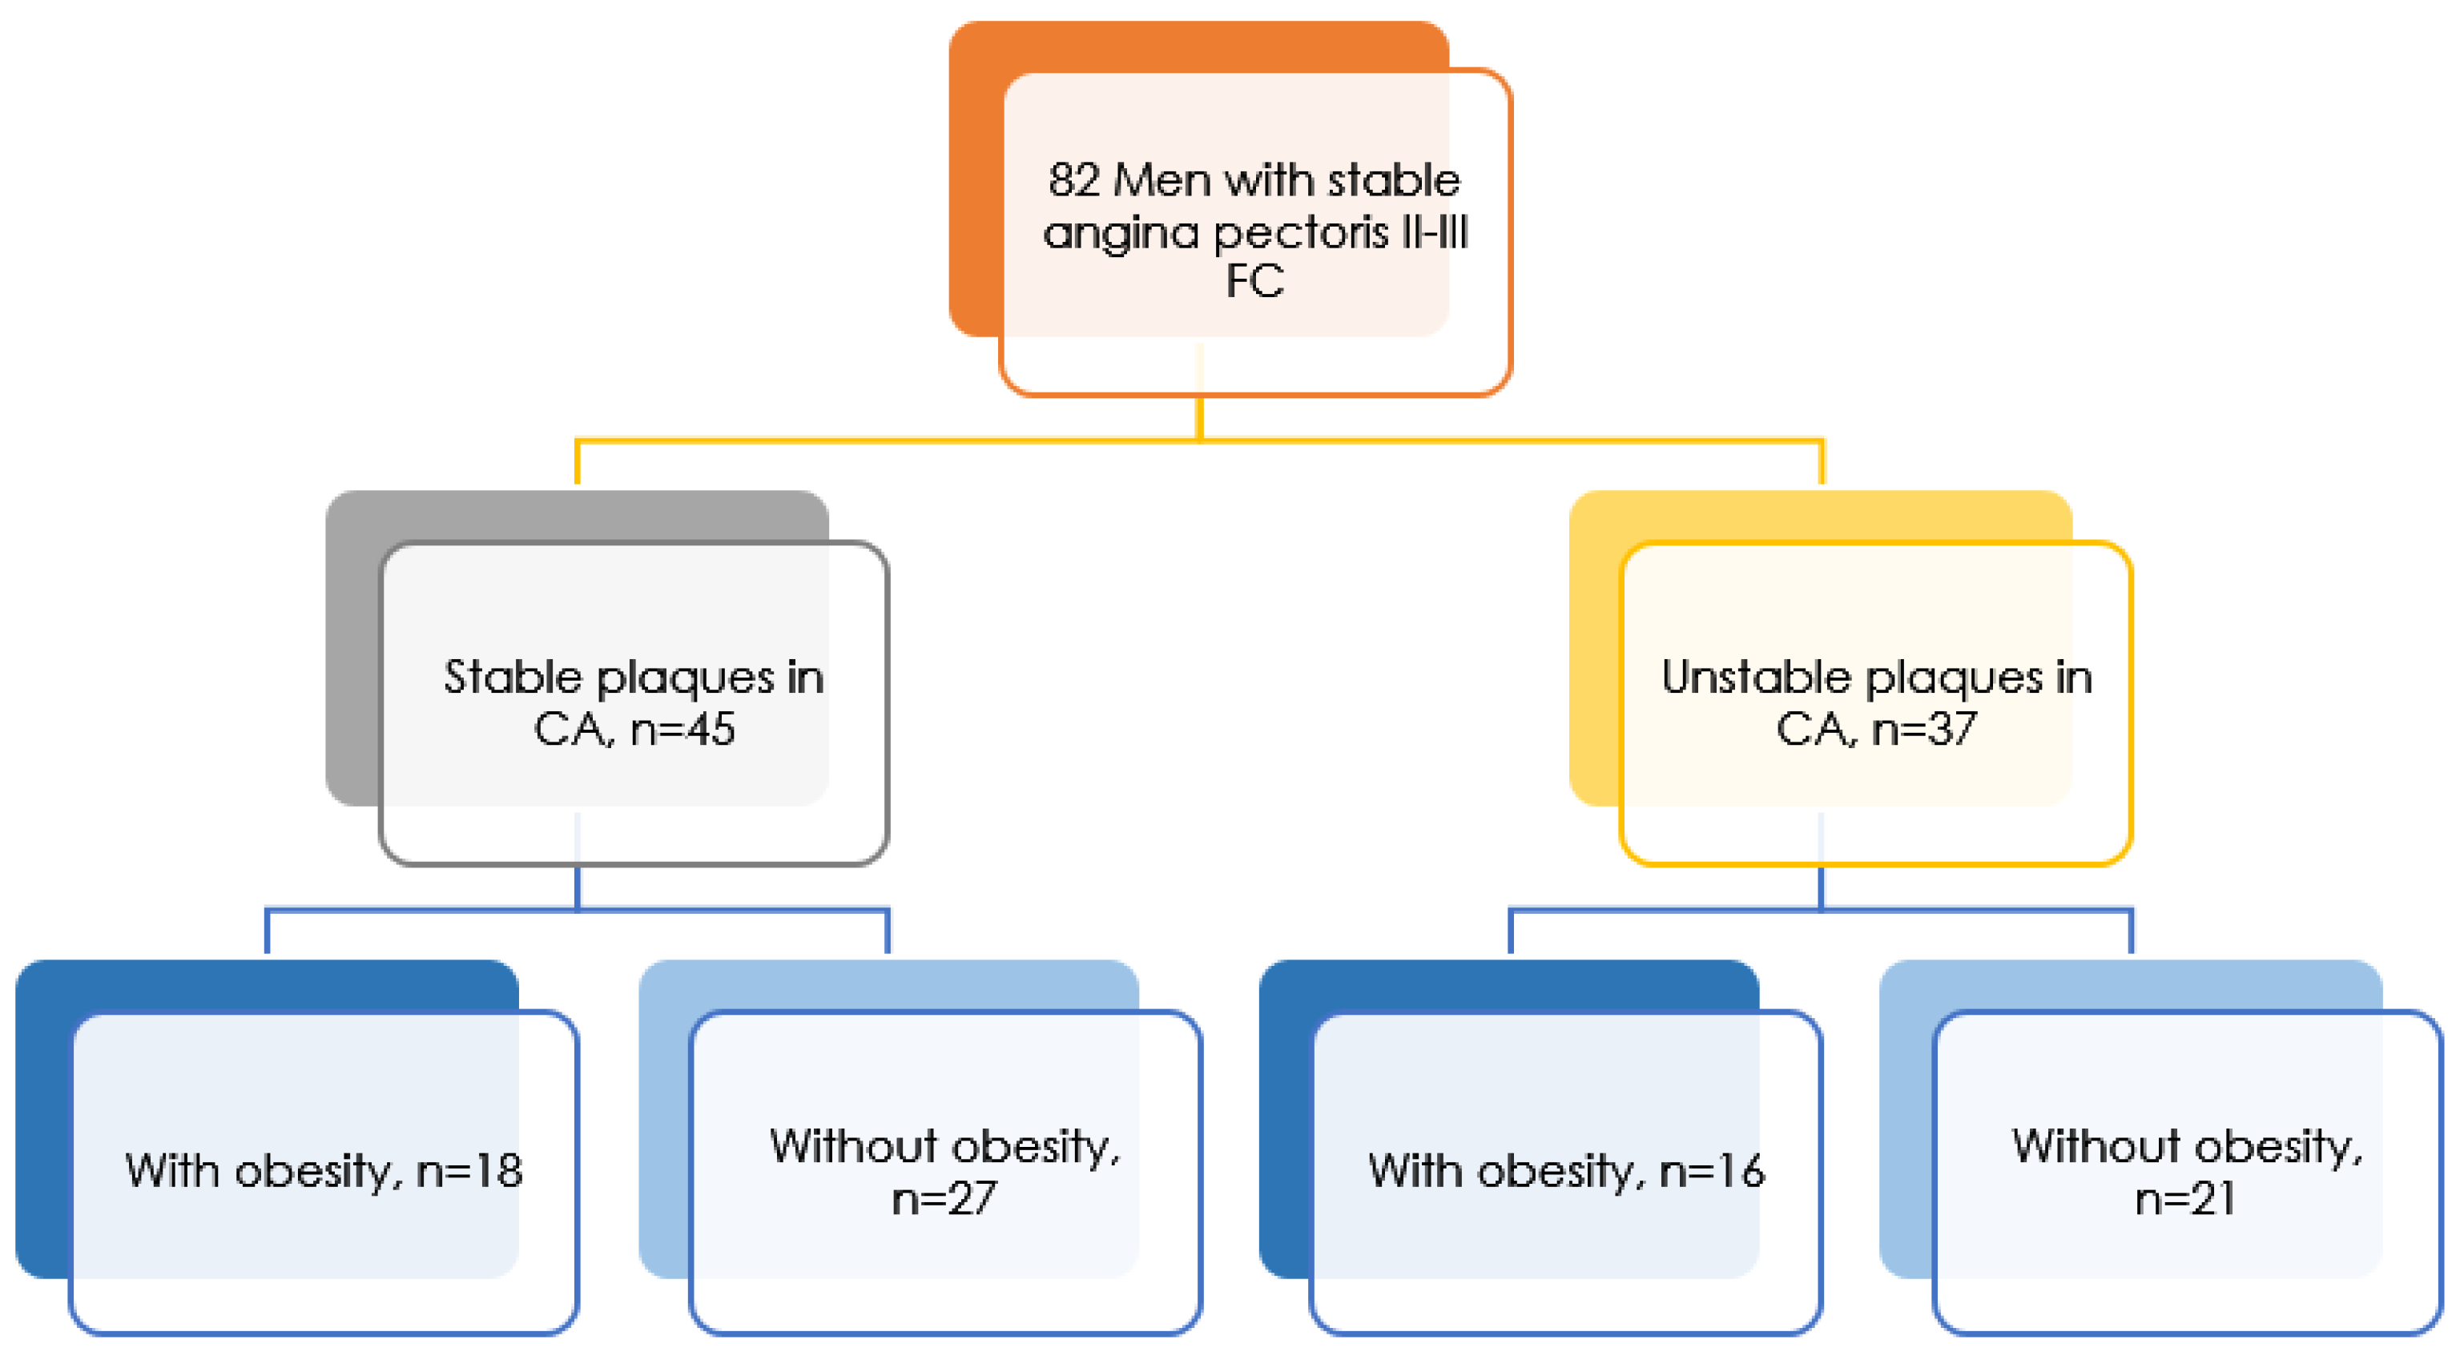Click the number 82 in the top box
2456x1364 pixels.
(1073, 180)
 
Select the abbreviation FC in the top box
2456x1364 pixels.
(1254, 281)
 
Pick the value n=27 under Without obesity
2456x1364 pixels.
(943, 1198)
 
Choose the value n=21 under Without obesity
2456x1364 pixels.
(2185, 1198)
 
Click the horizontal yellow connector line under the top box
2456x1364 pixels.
(887, 441)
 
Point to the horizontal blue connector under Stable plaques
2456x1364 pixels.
(420, 911)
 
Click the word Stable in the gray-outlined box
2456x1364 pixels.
(513, 678)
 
